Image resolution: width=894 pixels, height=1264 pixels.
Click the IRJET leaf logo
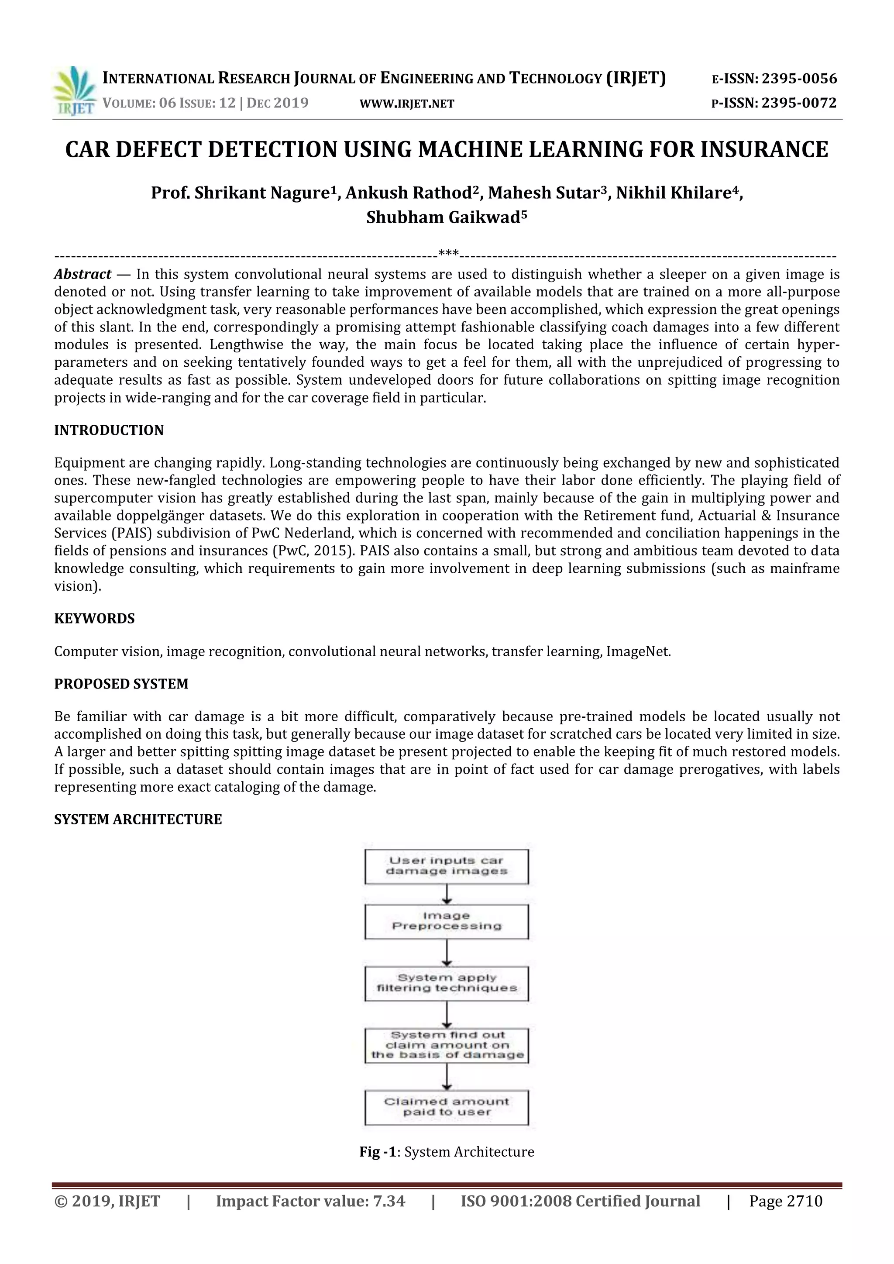tap(74, 90)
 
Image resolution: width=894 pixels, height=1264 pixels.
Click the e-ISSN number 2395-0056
tap(799, 79)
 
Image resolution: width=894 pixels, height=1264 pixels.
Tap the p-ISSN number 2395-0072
tap(799, 103)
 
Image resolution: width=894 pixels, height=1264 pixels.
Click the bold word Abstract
tap(83, 274)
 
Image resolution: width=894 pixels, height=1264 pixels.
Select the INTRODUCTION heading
tap(109, 430)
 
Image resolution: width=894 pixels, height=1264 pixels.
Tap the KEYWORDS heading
tap(94, 618)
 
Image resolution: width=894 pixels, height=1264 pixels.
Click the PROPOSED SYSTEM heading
tap(121, 684)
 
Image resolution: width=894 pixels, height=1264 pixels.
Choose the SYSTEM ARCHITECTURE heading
tap(138, 819)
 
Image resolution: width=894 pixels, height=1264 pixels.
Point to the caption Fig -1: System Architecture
tap(447, 1152)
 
